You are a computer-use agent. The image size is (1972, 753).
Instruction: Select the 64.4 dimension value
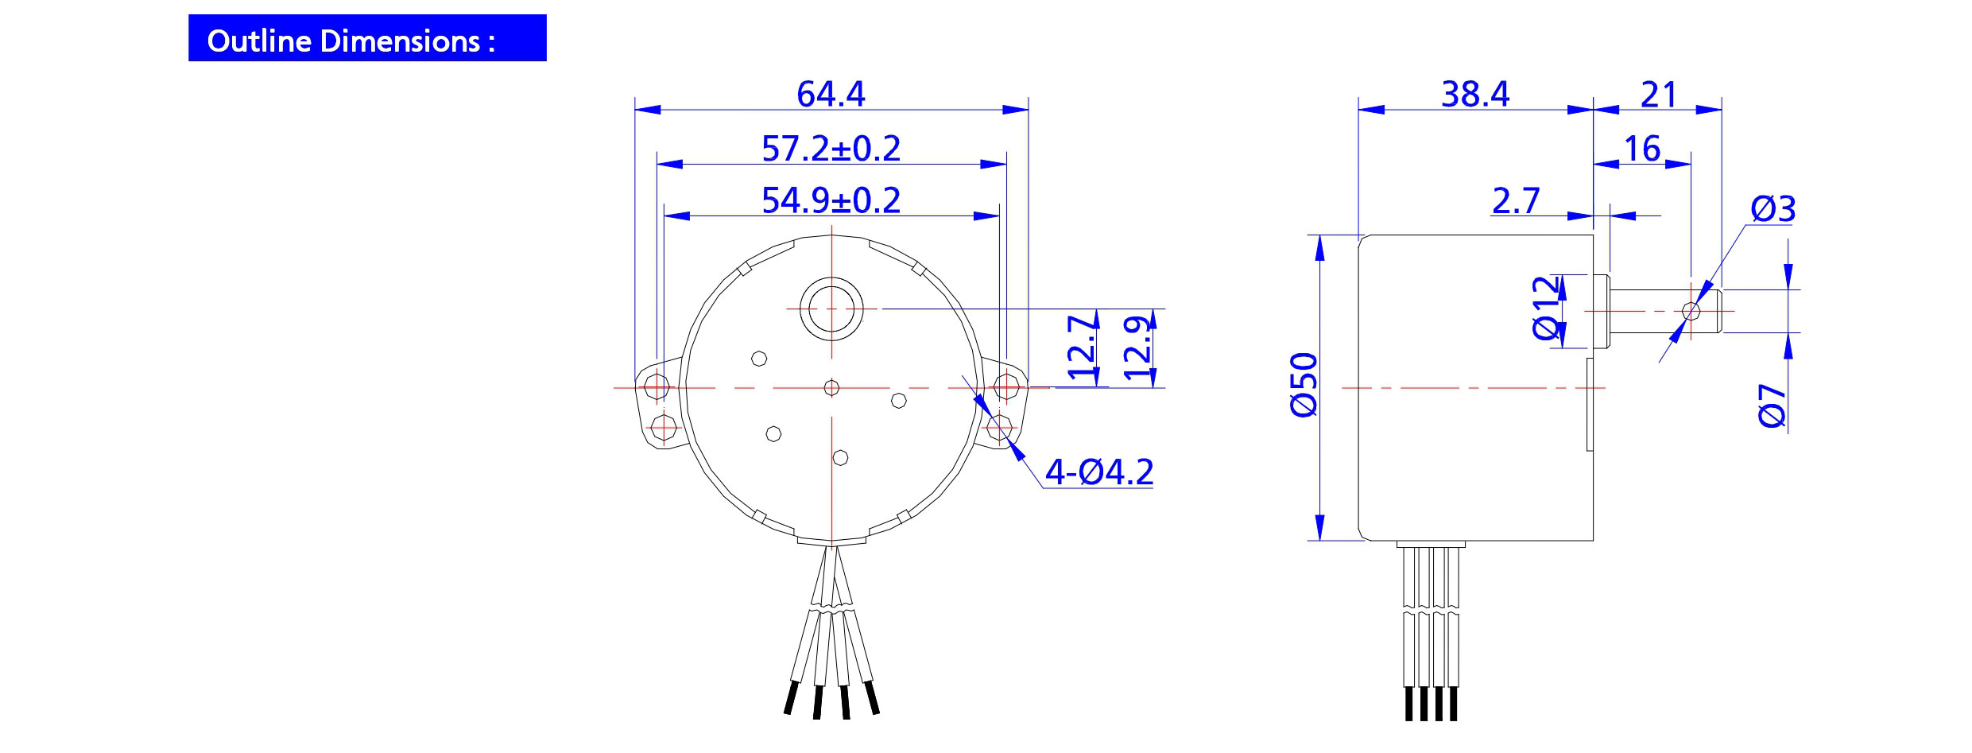coord(831,94)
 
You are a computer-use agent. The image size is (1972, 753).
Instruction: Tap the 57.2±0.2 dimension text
coord(831,149)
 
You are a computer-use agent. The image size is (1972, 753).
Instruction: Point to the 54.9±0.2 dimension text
coord(831,200)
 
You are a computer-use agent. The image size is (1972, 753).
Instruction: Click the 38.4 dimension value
coord(1474,94)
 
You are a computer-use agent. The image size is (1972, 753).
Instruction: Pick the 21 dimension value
coord(1658,95)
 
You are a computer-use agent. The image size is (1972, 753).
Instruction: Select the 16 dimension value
coord(1641,149)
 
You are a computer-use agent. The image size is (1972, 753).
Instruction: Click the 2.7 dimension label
coord(1515,200)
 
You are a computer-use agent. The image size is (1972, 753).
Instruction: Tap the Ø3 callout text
coord(1772,209)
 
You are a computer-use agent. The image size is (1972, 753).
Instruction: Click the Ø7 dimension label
coord(1772,406)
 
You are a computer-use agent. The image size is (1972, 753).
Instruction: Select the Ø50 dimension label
coord(1304,385)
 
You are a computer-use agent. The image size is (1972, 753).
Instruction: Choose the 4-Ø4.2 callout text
coord(1098,472)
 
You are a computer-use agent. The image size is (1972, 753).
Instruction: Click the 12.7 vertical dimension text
coord(1083,347)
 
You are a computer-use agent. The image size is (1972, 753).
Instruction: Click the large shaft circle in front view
coord(831,309)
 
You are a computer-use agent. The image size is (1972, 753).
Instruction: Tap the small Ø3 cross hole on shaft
coord(1691,310)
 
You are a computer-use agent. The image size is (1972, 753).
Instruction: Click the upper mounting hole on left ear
coord(657,387)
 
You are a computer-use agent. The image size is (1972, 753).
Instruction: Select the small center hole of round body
coord(831,387)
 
